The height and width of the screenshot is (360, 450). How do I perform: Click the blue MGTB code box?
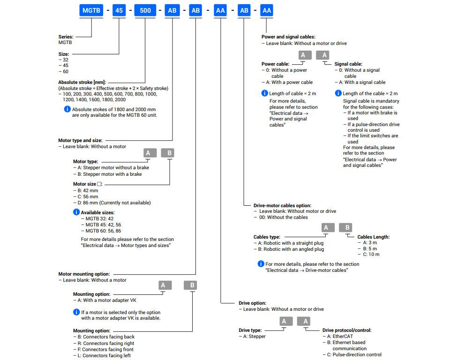click(91, 11)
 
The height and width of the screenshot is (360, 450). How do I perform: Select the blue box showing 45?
click(119, 11)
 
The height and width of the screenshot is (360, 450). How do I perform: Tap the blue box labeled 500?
click(145, 11)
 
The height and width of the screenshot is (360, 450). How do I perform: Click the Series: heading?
click(66, 37)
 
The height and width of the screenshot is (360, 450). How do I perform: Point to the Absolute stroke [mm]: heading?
click(82, 82)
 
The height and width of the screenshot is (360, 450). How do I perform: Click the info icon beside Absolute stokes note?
click(67, 109)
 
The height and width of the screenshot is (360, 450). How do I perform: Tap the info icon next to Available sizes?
click(76, 212)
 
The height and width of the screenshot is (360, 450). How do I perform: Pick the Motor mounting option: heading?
click(84, 274)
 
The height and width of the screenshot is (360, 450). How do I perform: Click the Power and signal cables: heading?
click(288, 37)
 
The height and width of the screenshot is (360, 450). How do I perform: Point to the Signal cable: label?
click(348, 64)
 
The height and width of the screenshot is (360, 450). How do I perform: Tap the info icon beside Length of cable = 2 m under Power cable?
click(264, 93)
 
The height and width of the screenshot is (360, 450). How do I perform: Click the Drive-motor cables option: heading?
click(282, 206)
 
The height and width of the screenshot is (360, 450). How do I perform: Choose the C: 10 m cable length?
click(369, 255)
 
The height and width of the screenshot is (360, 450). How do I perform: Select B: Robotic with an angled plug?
click(289, 249)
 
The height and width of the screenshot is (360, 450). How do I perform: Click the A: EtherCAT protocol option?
click(338, 336)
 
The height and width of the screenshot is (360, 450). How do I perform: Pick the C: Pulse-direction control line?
click(352, 354)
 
